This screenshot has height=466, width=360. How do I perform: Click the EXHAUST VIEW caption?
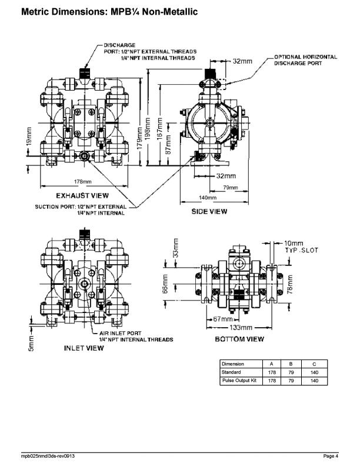[x=82, y=195]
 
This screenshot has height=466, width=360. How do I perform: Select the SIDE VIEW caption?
[x=209, y=212]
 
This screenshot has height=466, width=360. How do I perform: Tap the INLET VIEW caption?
[x=84, y=348]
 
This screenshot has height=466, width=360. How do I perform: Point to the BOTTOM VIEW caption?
[x=239, y=339]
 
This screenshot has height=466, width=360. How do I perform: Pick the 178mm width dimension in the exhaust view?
[x=83, y=182]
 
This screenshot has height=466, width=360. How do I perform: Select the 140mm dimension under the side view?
[x=208, y=198]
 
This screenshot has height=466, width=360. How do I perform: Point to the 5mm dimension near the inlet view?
[x=32, y=343]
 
